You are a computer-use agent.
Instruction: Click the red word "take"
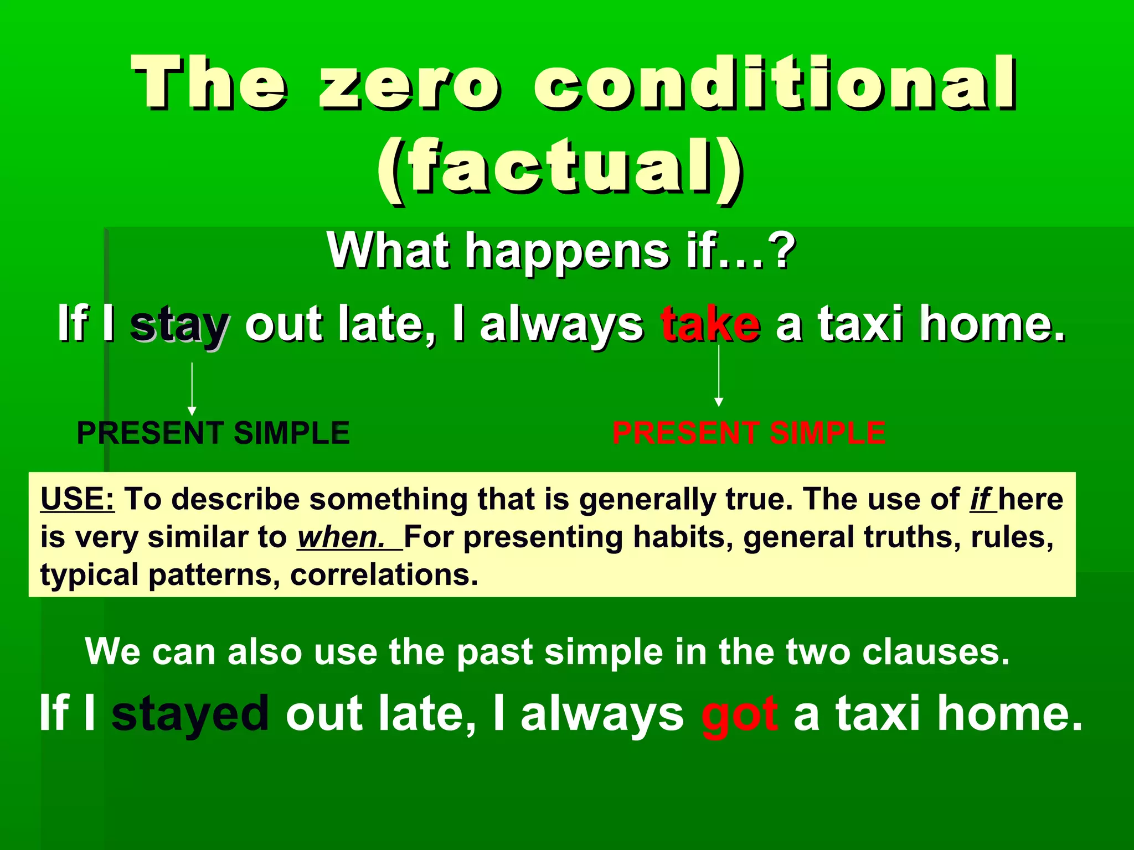(x=710, y=325)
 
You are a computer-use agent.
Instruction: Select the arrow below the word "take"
(x=719, y=376)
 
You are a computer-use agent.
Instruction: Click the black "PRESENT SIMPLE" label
(x=213, y=433)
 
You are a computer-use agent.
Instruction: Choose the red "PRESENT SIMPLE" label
(x=749, y=433)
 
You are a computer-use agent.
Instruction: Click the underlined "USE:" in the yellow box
(x=78, y=499)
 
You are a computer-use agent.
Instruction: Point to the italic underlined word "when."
(x=341, y=537)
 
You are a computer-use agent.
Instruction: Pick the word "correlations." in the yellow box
(x=384, y=575)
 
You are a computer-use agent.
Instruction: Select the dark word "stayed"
(x=190, y=714)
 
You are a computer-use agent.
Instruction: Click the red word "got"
(x=739, y=714)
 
